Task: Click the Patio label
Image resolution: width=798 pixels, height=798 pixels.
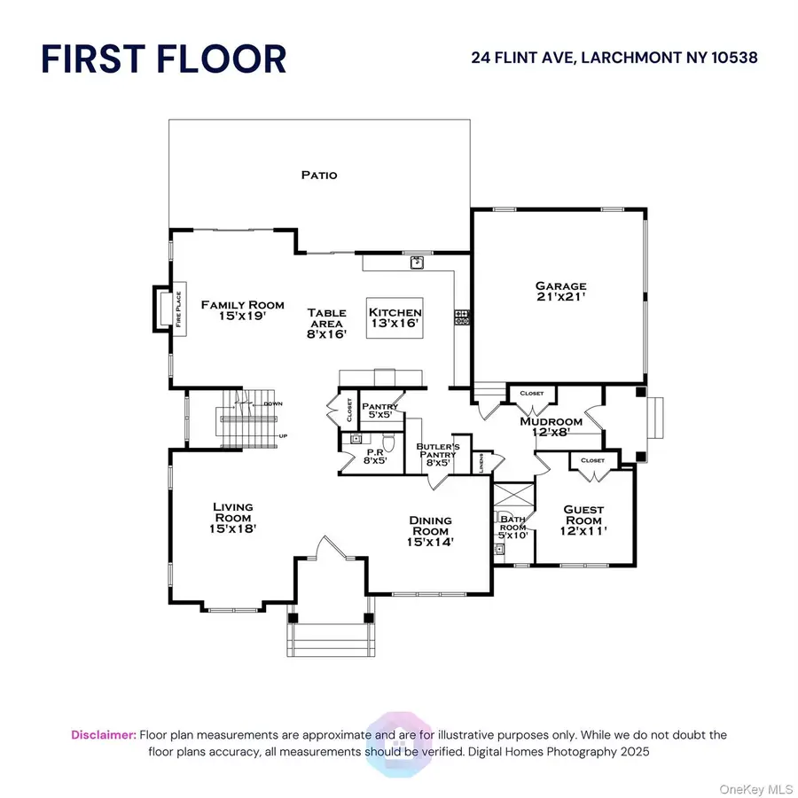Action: (319, 175)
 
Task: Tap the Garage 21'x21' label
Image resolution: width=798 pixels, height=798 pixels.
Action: (560, 292)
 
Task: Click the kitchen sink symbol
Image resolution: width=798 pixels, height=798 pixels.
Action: (416, 262)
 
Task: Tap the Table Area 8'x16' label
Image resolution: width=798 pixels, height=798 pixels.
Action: (326, 323)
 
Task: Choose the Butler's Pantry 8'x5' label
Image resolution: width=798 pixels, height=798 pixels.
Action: (438, 453)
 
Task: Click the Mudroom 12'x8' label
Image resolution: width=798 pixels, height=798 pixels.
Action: (551, 426)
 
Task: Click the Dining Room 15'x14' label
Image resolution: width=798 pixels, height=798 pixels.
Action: (431, 530)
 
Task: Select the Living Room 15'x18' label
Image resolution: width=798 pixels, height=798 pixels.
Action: (233, 517)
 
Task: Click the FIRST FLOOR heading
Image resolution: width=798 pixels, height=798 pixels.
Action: (164, 59)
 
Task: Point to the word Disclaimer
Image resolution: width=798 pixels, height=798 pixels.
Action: (104, 735)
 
